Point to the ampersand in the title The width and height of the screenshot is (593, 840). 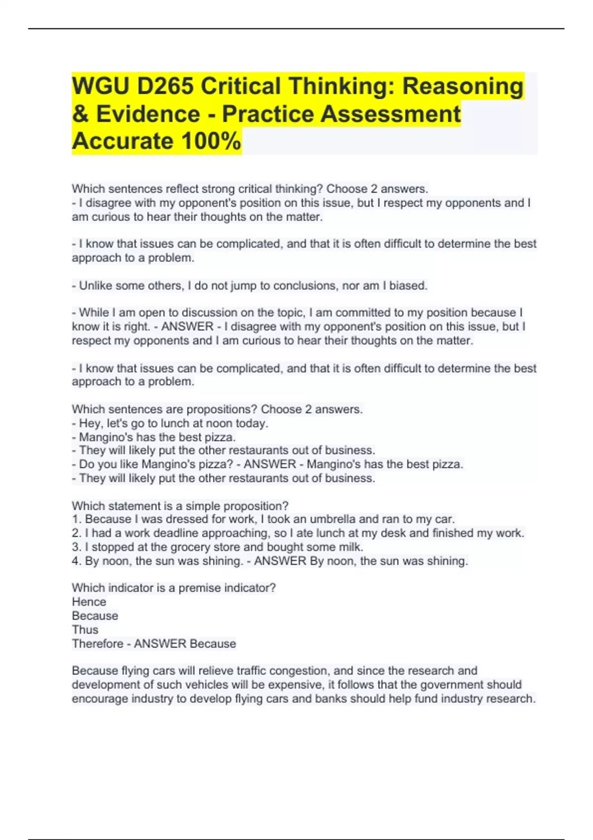pyautogui.click(x=80, y=114)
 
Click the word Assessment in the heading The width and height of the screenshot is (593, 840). pyautogui.click(x=390, y=114)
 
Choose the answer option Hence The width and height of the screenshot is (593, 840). pyautogui.click(x=89, y=602)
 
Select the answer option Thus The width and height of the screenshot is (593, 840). pyautogui.click(x=85, y=630)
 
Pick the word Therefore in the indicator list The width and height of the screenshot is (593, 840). pyautogui.click(x=96, y=643)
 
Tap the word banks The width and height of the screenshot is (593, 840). pyautogui.click(x=369, y=699)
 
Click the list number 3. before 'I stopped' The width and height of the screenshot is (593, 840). pyautogui.click(x=76, y=547)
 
